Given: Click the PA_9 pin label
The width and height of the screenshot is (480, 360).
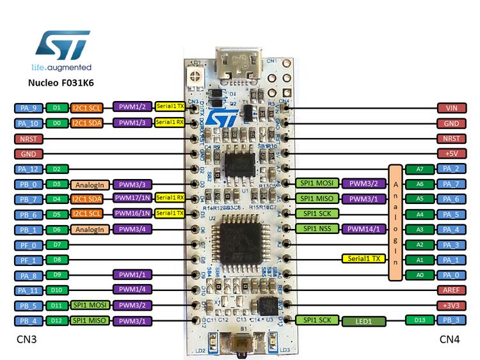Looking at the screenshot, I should [29, 107].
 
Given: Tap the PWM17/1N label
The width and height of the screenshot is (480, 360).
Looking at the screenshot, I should [132, 198].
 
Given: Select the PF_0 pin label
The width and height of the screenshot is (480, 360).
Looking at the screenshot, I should [29, 244].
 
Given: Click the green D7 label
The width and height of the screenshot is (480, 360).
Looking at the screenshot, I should [57, 244].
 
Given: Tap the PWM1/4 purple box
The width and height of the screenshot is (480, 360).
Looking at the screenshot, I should [132, 290].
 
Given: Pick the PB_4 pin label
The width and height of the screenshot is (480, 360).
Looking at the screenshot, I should [29, 320].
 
